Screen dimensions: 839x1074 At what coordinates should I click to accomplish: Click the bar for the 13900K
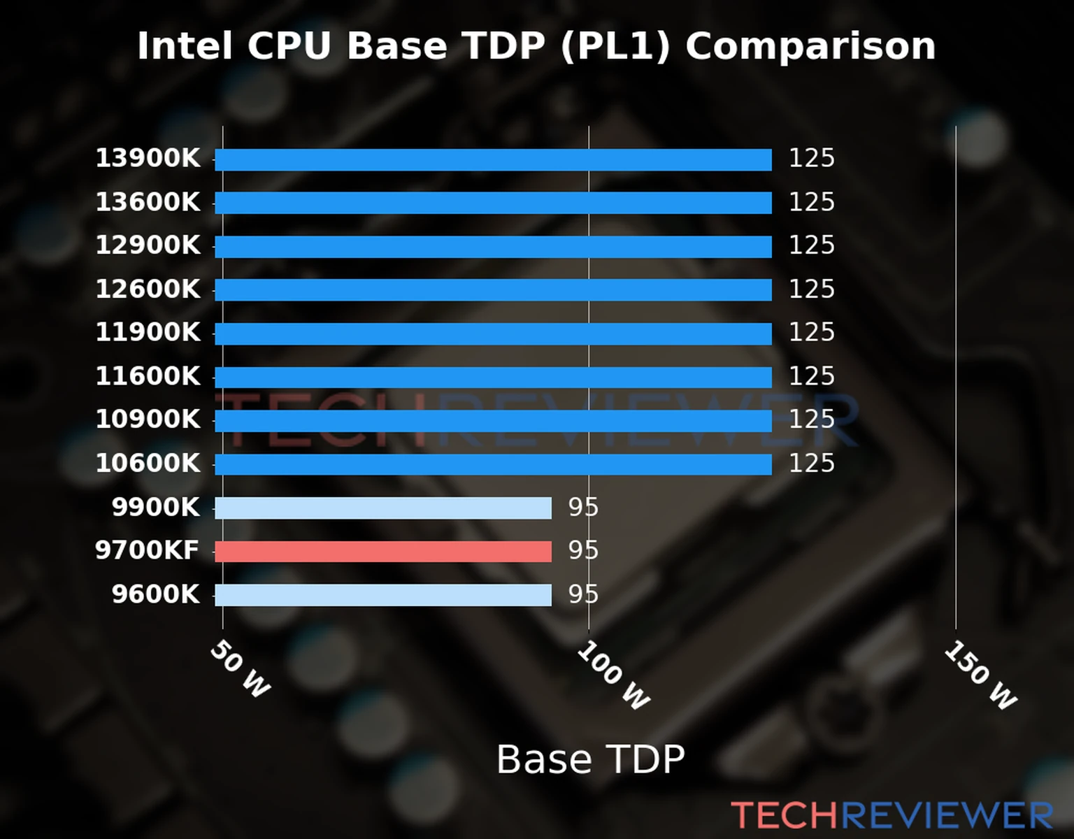(x=493, y=159)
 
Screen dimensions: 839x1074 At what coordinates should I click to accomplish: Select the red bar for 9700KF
(x=383, y=552)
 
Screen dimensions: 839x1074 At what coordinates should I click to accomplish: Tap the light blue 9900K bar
(x=383, y=508)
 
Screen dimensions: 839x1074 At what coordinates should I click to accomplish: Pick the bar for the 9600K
(x=383, y=595)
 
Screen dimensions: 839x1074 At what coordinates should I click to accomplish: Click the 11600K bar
(x=493, y=378)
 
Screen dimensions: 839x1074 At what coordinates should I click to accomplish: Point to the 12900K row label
(x=148, y=245)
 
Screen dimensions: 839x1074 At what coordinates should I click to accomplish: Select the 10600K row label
(x=148, y=464)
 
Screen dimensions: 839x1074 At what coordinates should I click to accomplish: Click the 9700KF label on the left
(x=148, y=550)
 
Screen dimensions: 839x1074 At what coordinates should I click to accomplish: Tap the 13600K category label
(x=148, y=202)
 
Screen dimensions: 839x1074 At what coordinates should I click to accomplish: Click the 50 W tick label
(x=240, y=669)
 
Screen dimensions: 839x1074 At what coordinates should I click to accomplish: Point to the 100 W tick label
(x=613, y=675)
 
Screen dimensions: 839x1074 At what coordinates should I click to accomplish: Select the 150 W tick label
(x=980, y=675)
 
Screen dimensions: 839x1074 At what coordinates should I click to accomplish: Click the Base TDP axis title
(x=590, y=759)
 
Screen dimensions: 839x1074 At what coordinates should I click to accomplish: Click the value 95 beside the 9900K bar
(x=583, y=507)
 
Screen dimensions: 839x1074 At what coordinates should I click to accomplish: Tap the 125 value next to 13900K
(x=812, y=158)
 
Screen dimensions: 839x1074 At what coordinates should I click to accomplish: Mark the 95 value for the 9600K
(x=583, y=594)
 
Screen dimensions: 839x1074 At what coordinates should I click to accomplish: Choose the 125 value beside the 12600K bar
(x=812, y=289)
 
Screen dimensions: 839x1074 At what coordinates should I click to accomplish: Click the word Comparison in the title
(x=810, y=47)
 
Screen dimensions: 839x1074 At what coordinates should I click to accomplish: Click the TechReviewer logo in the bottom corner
(x=892, y=816)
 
